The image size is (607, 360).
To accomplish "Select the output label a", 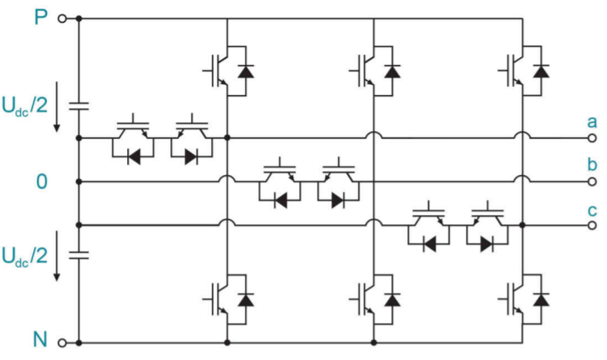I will tap(592, 122).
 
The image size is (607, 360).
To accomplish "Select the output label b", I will tap(592, 164).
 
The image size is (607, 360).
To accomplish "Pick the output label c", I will tap(592, 209).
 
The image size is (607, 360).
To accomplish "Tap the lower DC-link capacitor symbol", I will tap(79, 254).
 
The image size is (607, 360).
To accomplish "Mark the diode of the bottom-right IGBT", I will tap(541, 298).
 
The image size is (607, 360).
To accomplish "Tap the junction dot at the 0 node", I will tap(79, 182).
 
